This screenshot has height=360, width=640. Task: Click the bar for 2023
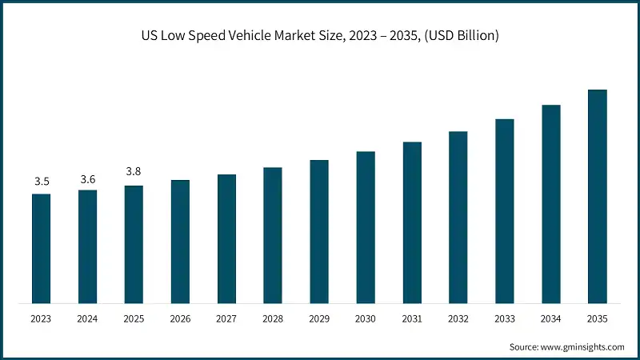[x=42, y=248]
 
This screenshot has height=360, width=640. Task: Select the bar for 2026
[x=180, y=242]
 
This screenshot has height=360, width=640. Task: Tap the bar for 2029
[x=319, y=231]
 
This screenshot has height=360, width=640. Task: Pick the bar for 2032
[x=458, y=217]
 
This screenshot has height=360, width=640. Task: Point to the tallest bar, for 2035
[x=598, y=196]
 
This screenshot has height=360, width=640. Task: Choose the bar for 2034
[x=551, y=203]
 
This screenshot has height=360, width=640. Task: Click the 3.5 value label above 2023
[x=42, y=182]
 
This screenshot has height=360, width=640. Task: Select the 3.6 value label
[x=87, y=178]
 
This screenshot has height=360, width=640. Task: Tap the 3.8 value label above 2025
[x=134, y=171]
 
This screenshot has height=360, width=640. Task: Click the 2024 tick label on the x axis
[x=87, y=318]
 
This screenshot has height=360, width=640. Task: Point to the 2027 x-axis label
[x=226, y=318]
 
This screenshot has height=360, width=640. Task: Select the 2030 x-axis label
[x=366, y=318]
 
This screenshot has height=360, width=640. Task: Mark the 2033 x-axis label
[x=505, y=318]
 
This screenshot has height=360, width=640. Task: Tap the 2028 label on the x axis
[x=273, y=318]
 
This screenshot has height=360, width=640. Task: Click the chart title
[x=320, y=35]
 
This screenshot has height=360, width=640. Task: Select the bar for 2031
[x=412, y=222]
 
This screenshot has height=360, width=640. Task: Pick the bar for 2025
[x=134, y=244]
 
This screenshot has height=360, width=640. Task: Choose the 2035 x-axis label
[x=598, y=318]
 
